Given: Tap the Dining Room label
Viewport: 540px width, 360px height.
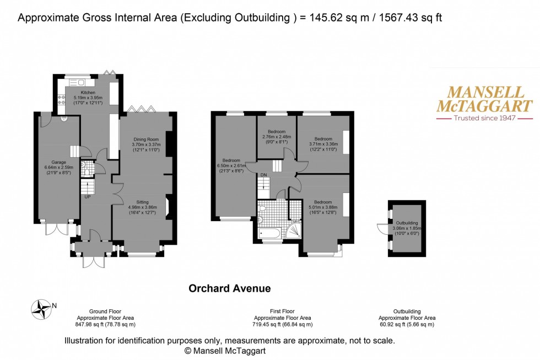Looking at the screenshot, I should coord(145,139).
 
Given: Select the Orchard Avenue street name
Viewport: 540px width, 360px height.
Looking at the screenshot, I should coord(230,288).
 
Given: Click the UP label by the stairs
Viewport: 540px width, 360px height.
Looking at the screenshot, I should coord(87,197).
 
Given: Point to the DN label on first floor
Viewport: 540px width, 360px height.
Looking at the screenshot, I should coord(264,176).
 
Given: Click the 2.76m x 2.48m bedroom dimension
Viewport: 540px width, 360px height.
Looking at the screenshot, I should coord(277,137).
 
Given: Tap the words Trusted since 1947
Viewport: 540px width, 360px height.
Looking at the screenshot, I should coord(484,119).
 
